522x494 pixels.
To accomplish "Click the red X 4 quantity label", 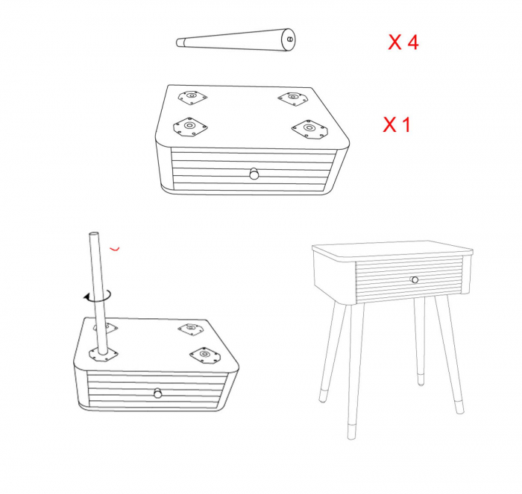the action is [x=403, y=42].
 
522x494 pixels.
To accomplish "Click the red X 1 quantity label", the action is [x=397, y=124].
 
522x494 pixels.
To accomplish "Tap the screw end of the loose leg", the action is [x=289, y=39].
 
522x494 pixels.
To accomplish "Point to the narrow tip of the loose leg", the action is [x=180, y=42].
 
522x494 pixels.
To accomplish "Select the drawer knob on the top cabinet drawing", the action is [x=254, y=174].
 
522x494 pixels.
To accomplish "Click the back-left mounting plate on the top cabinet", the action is [x=192, y=97].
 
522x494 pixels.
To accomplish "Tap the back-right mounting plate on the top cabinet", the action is [x=292, y=99].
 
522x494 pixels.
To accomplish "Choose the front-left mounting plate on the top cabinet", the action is [x=190, y=127].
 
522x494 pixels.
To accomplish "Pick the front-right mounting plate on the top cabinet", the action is [x=310, y=128].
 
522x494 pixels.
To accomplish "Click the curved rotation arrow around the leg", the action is [x=97, y=297].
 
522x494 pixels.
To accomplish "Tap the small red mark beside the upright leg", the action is [x=115, y=249].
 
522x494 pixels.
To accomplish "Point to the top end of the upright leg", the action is [x=94, y=234].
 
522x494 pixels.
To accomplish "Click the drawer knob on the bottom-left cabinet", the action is [x=158, y=393].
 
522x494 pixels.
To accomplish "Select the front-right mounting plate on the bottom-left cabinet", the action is [x=205, y=355].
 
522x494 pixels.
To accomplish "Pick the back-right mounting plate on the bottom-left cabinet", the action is [x=191, y=329].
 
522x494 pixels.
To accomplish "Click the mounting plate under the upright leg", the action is [x=104, y=355].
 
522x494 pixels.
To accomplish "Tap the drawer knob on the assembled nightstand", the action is [x=415, y=279].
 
